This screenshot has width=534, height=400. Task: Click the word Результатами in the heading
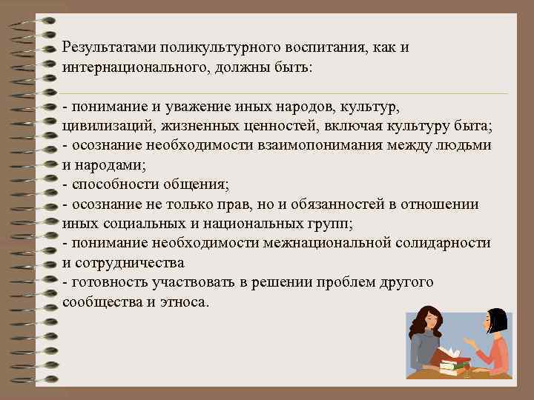tap(106, 47)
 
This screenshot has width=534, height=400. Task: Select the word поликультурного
tap(214, 47)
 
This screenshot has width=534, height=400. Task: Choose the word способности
tap(109, 184)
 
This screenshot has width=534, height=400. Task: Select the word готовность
tap(106, 283)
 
